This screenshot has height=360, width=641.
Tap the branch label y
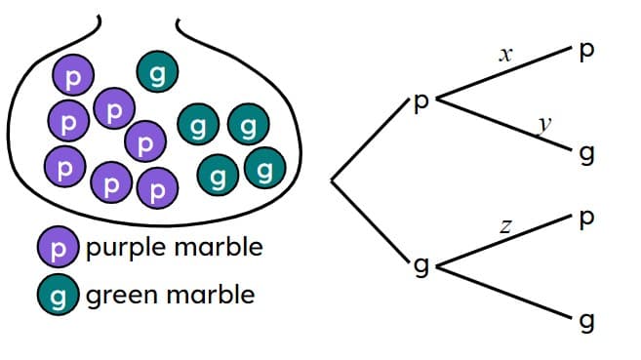(x=545, y=124)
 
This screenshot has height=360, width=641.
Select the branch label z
(x=505, y=226)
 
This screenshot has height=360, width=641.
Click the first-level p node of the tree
(x=421, y=102)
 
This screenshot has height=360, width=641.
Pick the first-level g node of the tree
(x=421, y=265)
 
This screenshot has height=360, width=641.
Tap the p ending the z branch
(x=585, y=220)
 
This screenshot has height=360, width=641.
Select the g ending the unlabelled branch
(x=585, y=320)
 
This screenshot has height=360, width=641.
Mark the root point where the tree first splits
(x=333, y=180)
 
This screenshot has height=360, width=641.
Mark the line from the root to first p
(x=373, y=141)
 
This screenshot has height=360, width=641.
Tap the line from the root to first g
(x=373, y=222)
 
